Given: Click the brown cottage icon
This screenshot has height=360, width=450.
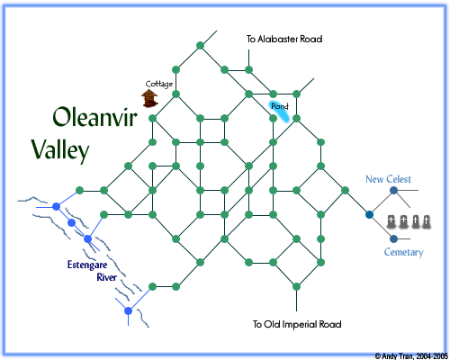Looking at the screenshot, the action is pyautogui.click(x=149, y=98).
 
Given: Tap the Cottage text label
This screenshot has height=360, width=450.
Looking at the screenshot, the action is pyautogui.click(x=159, y=84).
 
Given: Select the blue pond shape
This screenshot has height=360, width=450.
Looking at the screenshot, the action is pyautogui.click(x=279, y=112).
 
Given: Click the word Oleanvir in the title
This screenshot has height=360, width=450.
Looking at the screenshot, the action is pyautogui.click(x=94, y=117).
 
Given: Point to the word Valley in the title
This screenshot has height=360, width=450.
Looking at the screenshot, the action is pyautogui.click(x=60, y=149).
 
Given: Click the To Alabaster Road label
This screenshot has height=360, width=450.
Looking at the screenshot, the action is pyautogui.click(x=284, y=39).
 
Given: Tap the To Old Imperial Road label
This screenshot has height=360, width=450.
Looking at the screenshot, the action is pyautogui.click(x=297, y=324).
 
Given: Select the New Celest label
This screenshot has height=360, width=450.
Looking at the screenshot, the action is pyautogui.click(x=388, y=179).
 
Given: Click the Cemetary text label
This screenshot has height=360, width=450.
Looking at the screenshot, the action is pyautogui.click(x=404, y=252).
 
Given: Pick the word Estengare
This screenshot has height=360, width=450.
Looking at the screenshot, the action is pyautogui.click(x=87, y=265).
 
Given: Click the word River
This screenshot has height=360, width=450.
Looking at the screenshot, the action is pyautogui.click(x=106, y=277).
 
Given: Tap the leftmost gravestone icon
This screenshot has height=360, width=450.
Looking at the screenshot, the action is pyautogui.click(x=391, y=221).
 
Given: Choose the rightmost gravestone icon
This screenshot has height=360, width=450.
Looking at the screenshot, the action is pyautogui.click(x=426, y=222).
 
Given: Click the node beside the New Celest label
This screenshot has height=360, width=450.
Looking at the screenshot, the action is pyautogui.click(x=393, y=190).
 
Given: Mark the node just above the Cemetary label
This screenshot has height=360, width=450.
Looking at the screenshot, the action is pyautogui.click(x=393, y=238).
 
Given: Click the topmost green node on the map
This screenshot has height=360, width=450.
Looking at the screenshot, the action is pyautogui.click(x=201, y=46).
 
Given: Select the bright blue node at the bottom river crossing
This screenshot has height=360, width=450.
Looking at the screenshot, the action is pyautogui.click(x=128, y=310).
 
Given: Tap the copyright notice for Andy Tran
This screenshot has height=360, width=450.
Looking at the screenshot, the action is pyautogui.click(x=411, y=356).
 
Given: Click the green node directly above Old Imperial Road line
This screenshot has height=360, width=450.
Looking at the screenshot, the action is pyautogui.click(x=296, y=286).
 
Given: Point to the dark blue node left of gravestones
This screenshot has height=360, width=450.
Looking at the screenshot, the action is pyautogui.click(x=369, y=214).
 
